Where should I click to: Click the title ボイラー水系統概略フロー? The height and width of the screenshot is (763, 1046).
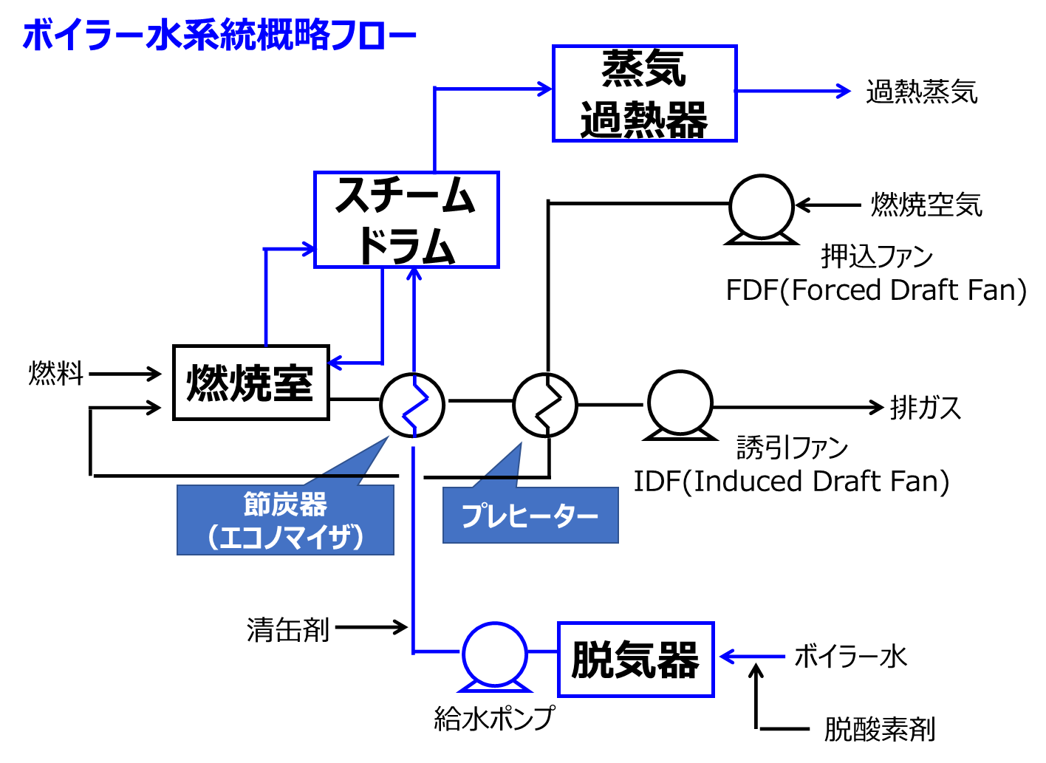tap(219, 36)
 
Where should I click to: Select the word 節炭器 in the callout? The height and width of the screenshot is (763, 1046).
tap(285, 505)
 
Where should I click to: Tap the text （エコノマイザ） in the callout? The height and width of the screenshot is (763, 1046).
tap(285, 537)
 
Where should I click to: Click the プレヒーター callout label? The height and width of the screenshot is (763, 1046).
tap(530, 516)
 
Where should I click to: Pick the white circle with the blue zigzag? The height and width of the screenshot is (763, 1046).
tap(412, 406)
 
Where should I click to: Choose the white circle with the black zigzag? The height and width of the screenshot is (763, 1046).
tap(545, 406)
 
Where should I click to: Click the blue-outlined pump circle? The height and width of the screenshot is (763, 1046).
tap(495, 654)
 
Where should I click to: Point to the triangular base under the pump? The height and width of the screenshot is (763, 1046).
tap(495, 688)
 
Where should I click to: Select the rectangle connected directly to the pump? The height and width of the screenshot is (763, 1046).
tap(636, 660)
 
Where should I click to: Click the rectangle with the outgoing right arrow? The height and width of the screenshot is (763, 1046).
tap(645, 93)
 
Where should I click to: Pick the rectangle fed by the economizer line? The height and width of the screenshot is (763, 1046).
tap(407, 219)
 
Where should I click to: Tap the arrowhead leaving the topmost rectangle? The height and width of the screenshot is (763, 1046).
tap(844, 91)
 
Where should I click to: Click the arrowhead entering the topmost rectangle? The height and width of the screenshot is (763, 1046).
tap(545, 89)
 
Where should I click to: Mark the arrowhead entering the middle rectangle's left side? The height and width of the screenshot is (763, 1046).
tap(307, 248)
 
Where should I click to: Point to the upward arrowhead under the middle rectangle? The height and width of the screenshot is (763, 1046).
tap(414, 274)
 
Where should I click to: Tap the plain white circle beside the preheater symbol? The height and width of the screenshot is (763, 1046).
tap(680, 403)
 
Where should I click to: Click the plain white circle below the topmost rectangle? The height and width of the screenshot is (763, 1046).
tap(762, 207)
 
